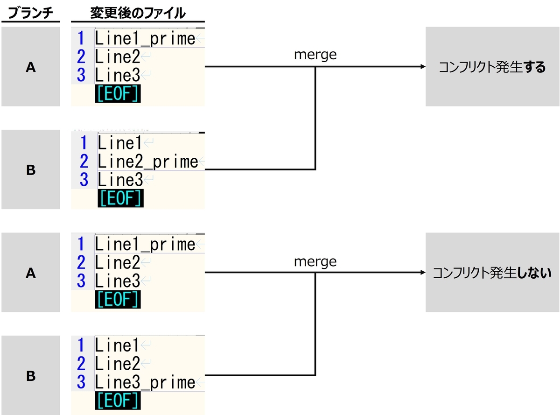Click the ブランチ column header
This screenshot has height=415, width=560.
pos(30,13)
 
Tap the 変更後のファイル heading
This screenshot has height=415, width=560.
pos(138,13)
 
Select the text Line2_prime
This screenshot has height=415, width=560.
pos(148,162)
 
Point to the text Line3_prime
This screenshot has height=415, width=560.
pos(145,382)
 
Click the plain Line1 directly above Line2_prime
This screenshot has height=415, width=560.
pos(119,143)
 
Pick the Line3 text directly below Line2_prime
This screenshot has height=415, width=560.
pos(120,180)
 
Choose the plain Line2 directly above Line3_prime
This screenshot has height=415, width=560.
pos(118,364)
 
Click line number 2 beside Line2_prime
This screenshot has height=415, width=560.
pos(84,162)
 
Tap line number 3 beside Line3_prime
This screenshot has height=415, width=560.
pos(81,382)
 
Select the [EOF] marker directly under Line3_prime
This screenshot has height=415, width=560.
pos(118,401)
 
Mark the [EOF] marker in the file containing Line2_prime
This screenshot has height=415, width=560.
pos(121,198)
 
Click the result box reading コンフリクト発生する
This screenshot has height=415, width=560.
pos(492,67)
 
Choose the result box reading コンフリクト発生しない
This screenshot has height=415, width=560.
pos(492,272)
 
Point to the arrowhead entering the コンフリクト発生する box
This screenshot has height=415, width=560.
pos(423,67)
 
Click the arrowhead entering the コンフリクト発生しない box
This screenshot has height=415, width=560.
pos(423,272)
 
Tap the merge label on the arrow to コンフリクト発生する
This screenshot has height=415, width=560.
pos(315,55)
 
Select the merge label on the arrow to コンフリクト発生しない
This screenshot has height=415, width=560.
pos(315,261)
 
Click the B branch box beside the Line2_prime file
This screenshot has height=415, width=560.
pos(31,169)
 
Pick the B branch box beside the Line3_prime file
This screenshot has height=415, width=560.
pos(31,375)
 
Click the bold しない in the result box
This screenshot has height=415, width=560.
pos(534,273)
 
